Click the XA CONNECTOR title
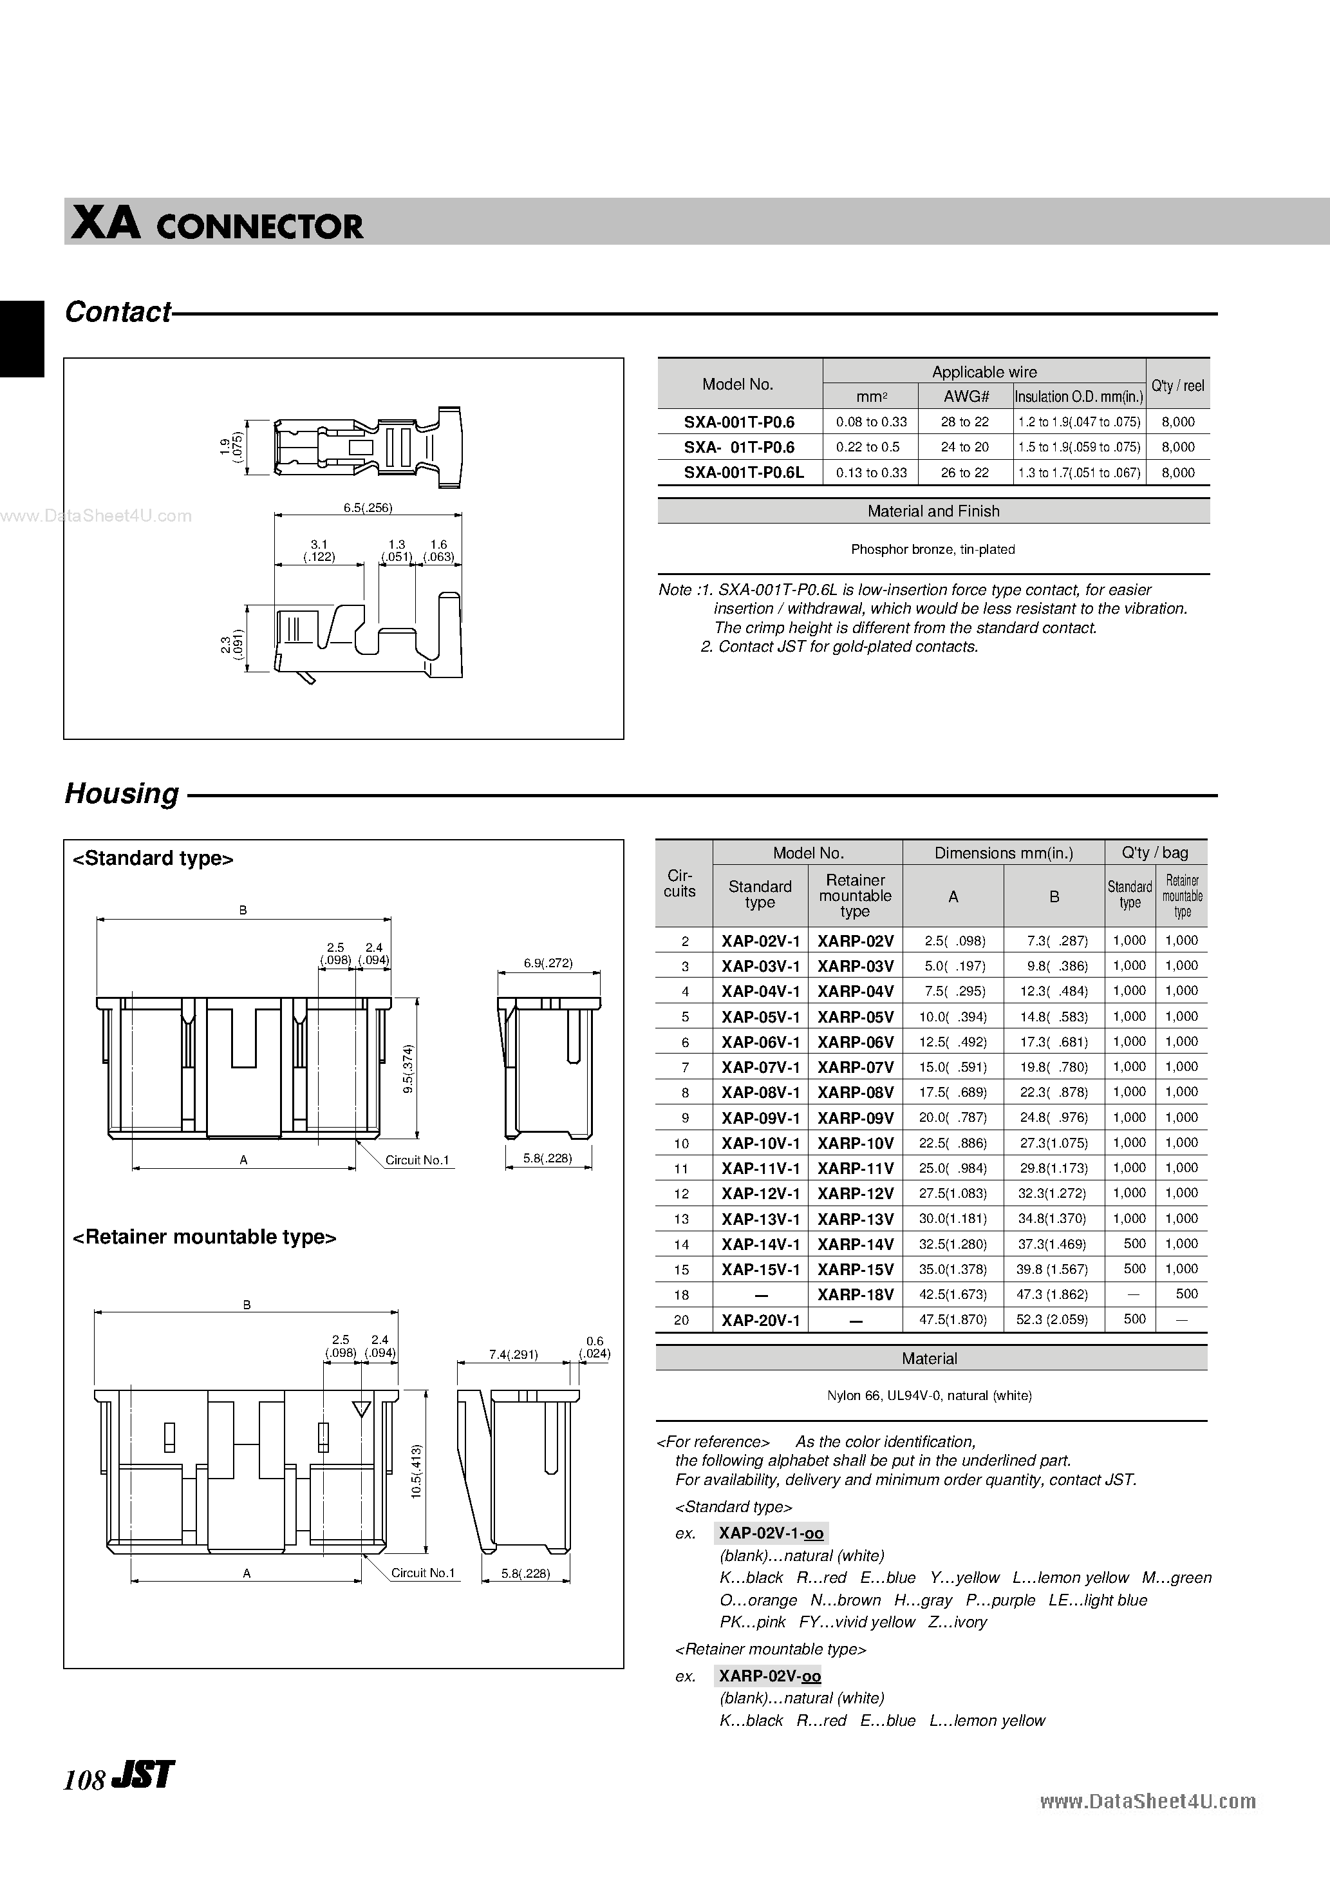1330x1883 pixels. (x=218, y=225)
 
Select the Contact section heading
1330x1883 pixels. (x=118, y=312)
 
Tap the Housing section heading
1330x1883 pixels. (x=122, y=793)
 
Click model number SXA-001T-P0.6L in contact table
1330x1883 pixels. (x=744, y=473)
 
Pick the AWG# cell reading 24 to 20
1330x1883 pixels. (x=964, y=447)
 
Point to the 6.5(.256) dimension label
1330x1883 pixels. (x=368, y=507)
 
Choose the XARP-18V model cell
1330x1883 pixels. (x=856, y=1295)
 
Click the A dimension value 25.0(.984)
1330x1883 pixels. (x=952, y=1168)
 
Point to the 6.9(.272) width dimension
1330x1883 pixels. (x=548, y=963)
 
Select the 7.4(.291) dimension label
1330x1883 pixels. (x=512, y=1354)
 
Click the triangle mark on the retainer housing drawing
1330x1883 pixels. (x=361, y=1409)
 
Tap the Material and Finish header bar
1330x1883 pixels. (x=933, y=511)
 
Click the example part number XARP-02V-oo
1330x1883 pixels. (x=769, y=1676)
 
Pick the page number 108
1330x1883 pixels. (x=84, y=1779)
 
